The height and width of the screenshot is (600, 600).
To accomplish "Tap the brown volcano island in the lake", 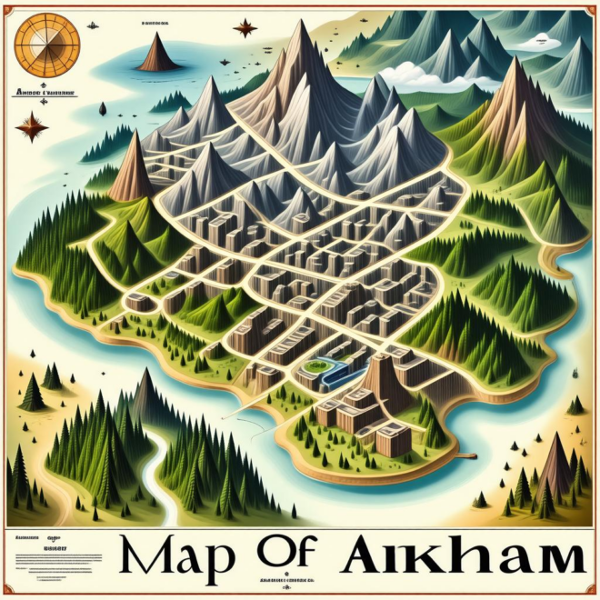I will click(x=157, y=55).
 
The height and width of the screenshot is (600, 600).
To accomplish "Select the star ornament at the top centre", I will click(x=245, y=28).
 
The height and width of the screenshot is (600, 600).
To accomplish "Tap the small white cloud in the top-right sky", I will click(x=545, y=42).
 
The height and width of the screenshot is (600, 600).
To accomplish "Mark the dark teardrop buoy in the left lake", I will click(x=103, y=108).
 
